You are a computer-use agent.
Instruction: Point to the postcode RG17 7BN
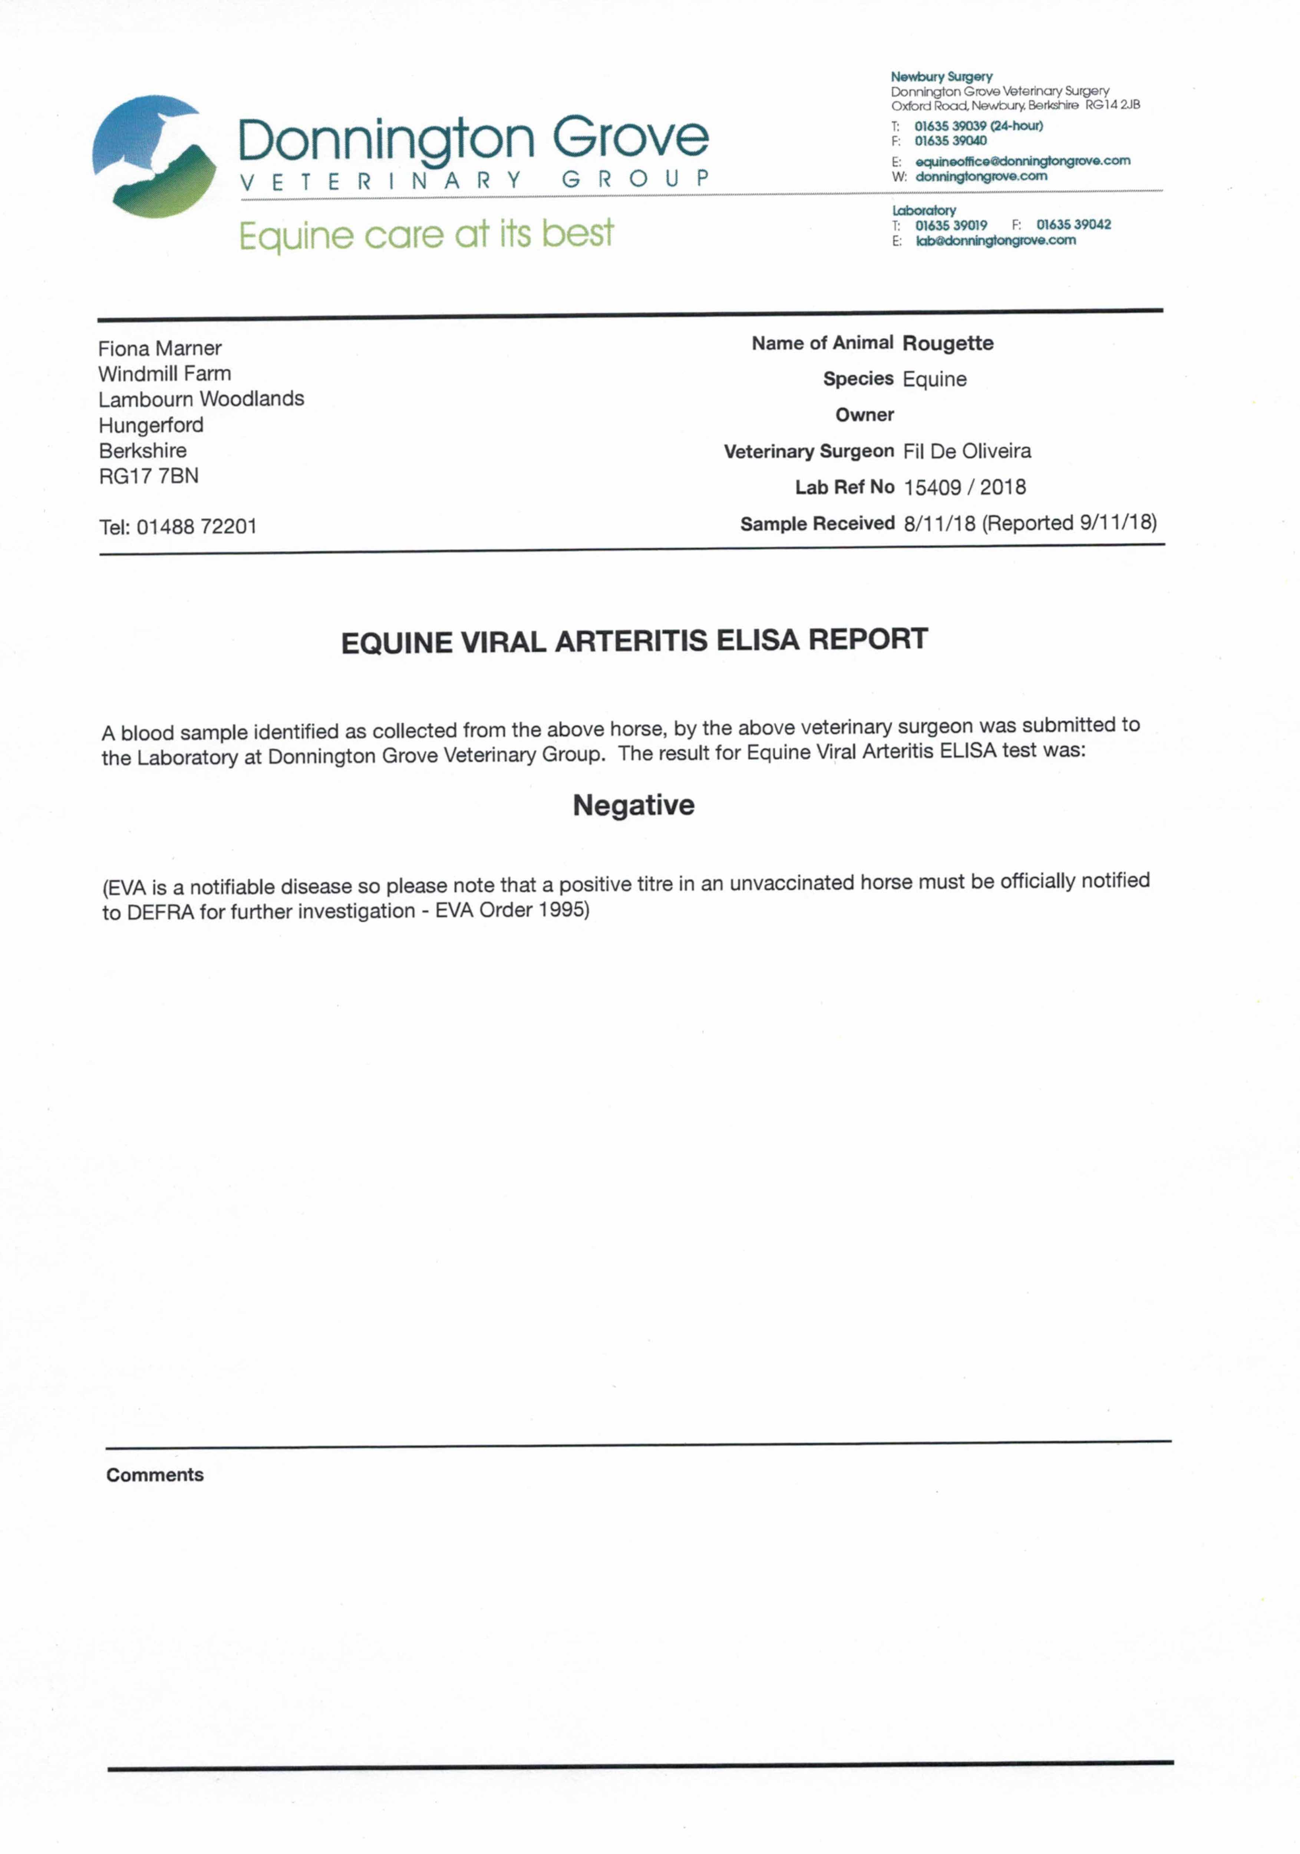point(149,476)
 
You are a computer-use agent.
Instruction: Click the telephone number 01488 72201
point(196,527)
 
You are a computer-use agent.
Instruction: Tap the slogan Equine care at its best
point(426,234)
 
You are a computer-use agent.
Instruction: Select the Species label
point(858,379)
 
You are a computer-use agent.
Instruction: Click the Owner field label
point(864,415)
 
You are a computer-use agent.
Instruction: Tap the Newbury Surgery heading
point(941,77)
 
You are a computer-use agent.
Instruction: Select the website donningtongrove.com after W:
point(981,176)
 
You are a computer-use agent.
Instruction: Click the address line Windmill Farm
point(165,374)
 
